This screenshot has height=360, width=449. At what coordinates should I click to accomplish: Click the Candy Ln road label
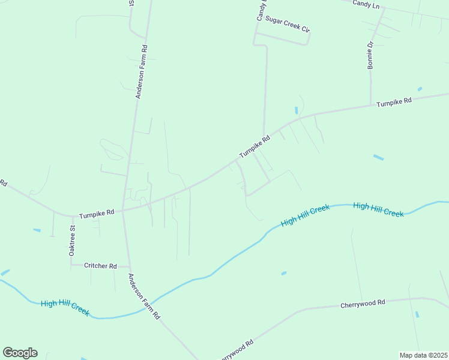(367, 5)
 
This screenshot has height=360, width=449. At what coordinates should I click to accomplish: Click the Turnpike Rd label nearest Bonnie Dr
(394, 103)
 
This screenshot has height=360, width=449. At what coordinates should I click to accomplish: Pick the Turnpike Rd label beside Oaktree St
(97, 213)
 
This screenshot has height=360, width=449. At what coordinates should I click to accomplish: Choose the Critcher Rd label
(100, 266)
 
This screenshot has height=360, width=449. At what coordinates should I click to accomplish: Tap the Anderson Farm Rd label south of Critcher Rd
(144, 296)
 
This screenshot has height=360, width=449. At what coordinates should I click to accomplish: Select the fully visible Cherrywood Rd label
(363, 304)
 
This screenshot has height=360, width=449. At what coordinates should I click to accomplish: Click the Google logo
(20, 353)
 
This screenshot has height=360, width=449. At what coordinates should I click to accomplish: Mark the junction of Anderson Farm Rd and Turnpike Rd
(123, 210)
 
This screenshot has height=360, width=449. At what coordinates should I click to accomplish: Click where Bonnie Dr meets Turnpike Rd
(370, 106)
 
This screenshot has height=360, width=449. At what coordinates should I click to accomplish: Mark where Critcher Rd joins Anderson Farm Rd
(130, 266)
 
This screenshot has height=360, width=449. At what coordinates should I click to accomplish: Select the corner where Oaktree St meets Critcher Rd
(71, 265)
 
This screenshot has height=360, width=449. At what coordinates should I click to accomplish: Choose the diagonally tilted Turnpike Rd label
(255, 146)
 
